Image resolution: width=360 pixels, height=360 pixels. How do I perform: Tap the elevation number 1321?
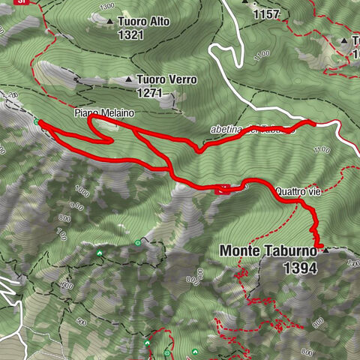click(x=130, y=34)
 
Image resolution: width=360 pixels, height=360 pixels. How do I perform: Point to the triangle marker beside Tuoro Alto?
click(x=109, y=22)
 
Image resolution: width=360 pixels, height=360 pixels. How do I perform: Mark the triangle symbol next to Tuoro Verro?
click(x=129, y=79)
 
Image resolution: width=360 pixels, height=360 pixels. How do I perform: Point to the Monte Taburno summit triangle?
click(x=325, y=252)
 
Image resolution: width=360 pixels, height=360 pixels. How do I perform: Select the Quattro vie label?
click(x=298, y=192)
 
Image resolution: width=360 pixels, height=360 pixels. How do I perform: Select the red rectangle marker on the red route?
click(x=223, y=190)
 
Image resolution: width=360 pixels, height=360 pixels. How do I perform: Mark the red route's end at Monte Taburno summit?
click(x=319, y=246)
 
